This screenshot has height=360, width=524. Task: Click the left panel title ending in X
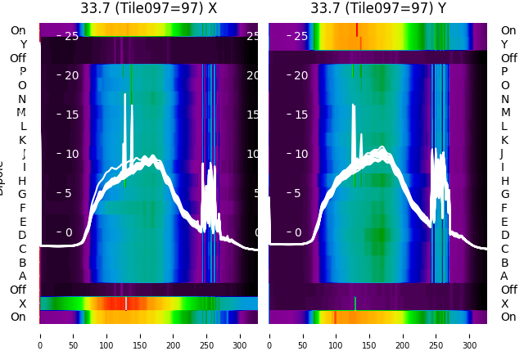148,8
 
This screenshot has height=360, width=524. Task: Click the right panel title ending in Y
378,8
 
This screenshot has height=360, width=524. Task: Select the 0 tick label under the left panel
39,335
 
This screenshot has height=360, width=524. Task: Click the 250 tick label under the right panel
436,335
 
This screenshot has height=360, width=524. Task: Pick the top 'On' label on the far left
18,30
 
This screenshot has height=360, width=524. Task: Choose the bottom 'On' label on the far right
508,317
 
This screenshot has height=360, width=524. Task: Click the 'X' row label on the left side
22,304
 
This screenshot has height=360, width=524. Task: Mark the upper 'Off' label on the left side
18,58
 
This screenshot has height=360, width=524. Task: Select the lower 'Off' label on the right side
508,290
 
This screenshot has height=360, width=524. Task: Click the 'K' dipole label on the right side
504,140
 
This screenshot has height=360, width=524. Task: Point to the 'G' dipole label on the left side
22,194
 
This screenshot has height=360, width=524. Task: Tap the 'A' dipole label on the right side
504,276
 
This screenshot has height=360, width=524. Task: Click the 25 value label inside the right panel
300,36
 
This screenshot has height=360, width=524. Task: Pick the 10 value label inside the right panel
300,154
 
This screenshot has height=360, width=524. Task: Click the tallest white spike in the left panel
132,106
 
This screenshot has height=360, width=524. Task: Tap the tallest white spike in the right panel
354,106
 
